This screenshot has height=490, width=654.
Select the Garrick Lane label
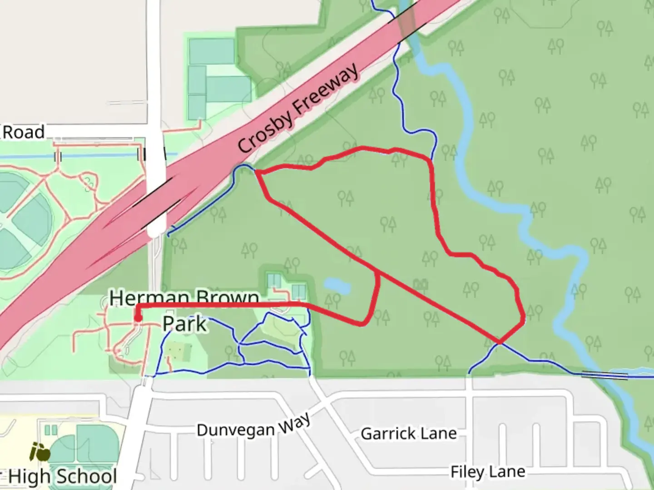click(x=408, y=433)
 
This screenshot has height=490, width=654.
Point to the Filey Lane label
click(x=487, y=472)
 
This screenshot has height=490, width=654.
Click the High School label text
click(x=62, y=476)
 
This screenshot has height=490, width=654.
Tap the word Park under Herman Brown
click(x=184, y=323)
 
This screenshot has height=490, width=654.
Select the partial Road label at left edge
click(x=24, y=132)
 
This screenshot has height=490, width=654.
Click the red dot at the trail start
click(x=138, y=318)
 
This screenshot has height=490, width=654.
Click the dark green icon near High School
click(x=40, y=451)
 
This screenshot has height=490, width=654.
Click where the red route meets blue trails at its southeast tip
click(x=499, y=343)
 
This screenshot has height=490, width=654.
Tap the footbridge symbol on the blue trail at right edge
click(x=604, y=375)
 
